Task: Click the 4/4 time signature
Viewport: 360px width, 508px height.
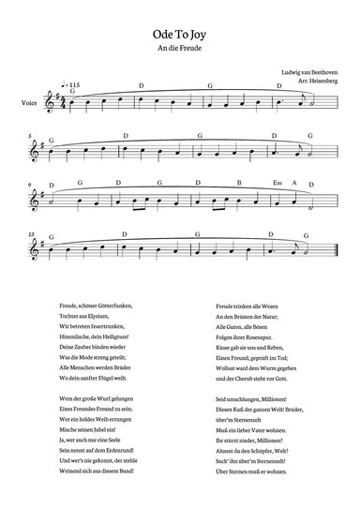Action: (64, 99)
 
